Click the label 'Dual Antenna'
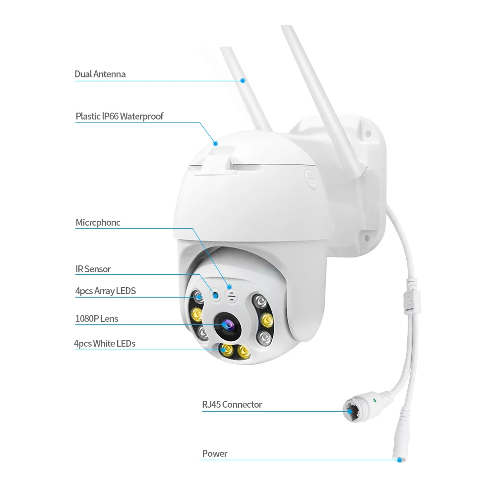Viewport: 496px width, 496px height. click(x=100, y=74)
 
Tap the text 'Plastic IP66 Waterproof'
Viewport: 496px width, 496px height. click(x=119, y=117)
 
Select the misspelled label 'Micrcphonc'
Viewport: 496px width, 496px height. click(x=98, y=223)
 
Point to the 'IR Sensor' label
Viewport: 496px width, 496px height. click(x=93, y=269)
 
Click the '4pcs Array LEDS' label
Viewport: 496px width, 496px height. click(x=105, y=291)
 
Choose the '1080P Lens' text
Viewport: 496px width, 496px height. click(x=97, y=318)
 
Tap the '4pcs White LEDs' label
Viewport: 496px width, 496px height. click(x=104, y=343)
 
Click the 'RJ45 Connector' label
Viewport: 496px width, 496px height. click(x=232, y=405)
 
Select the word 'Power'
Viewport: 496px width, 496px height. click(x=215, y=453)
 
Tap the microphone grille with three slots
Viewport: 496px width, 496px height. click(x=231, y=294)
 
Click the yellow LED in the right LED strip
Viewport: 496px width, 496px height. click(x=267, y=318)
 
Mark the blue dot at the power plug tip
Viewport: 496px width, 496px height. click(x=399, y=460)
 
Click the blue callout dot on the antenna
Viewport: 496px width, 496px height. click(x=243, y=80)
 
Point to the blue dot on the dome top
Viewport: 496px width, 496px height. click(x=216, y=143)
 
